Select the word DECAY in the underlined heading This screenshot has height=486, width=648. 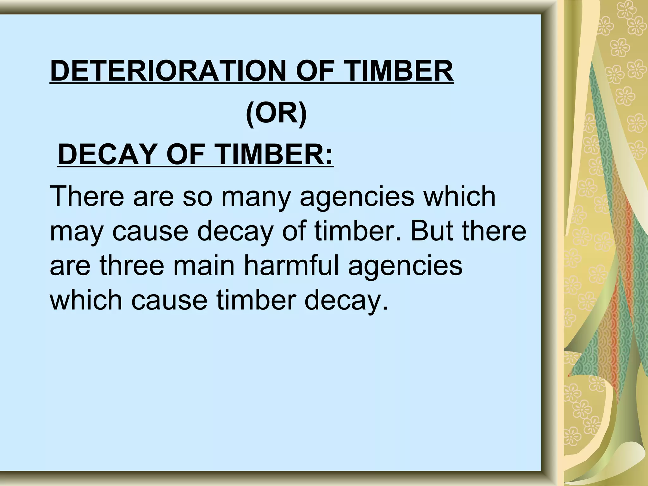108,154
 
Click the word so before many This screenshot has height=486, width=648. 197,197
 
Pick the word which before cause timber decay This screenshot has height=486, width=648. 86,300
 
